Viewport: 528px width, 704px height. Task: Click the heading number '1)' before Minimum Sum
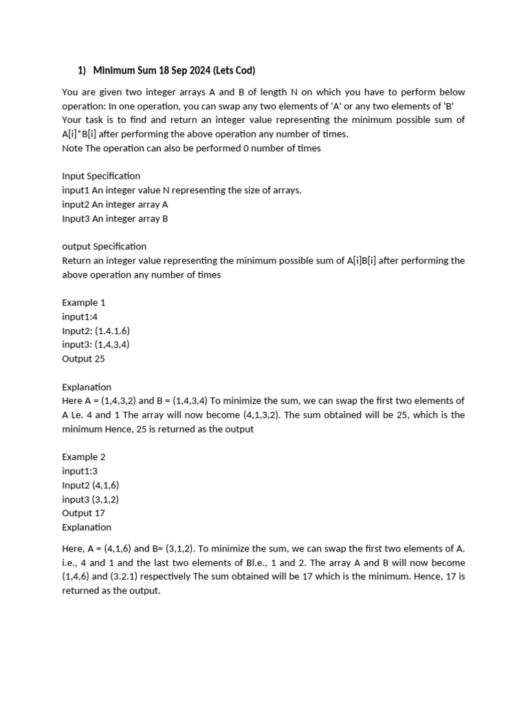82,70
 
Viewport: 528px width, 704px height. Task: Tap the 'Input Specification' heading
101,176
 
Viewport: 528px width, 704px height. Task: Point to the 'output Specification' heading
104,246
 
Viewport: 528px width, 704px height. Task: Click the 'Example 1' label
84,302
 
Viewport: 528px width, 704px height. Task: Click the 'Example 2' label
84,456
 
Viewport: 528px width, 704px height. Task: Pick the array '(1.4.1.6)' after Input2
112,331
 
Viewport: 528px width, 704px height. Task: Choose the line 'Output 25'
83,359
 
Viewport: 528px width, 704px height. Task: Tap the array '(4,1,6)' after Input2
106,485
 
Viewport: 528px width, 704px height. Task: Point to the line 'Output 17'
83,513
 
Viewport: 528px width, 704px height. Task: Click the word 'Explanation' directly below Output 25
87,387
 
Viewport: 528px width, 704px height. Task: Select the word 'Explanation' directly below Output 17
87,527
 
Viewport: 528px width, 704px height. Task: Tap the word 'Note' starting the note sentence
72,148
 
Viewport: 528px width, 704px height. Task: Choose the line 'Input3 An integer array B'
115,219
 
